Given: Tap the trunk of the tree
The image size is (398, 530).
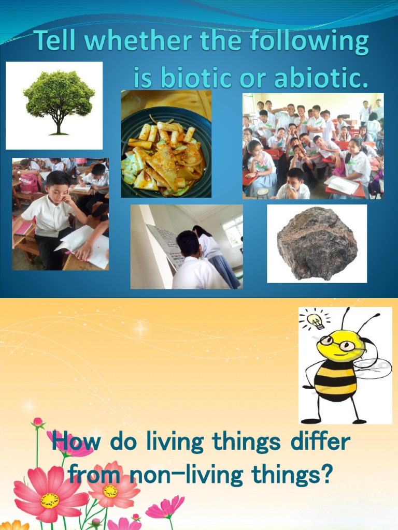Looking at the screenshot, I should point(59,126).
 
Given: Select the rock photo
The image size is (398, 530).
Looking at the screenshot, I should point(317,243).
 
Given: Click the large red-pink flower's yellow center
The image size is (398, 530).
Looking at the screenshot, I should point(50,500).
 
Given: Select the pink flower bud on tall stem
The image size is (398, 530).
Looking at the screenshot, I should point(37,423).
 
